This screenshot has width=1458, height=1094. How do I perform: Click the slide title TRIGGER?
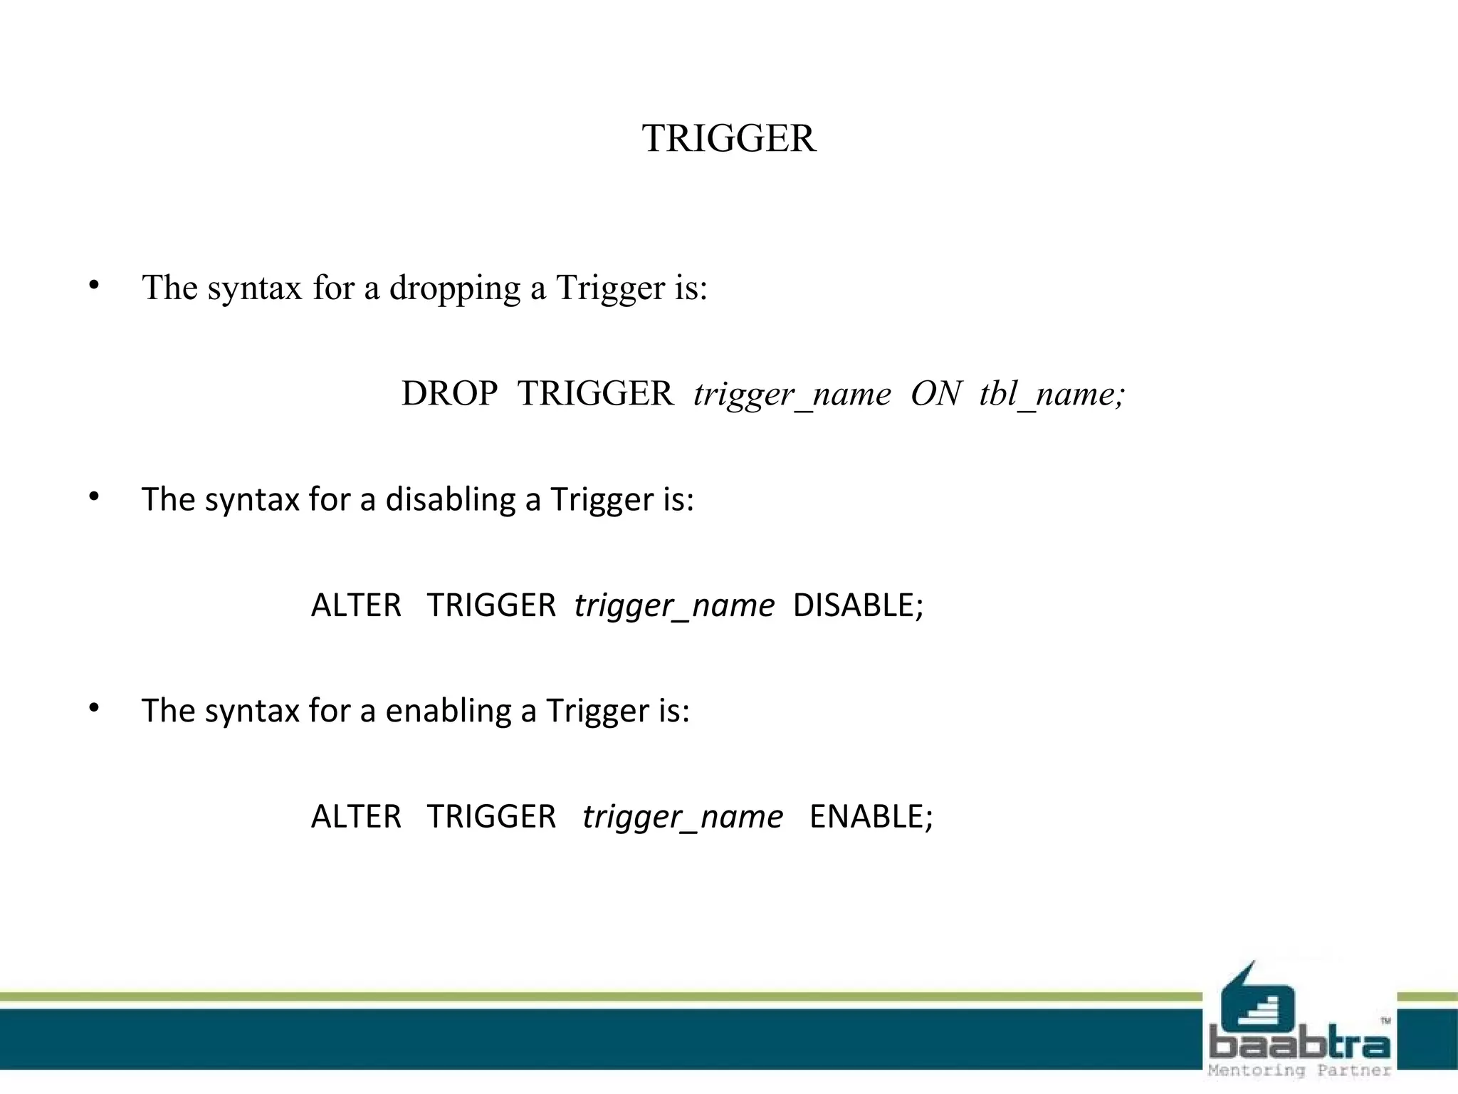(728, 138)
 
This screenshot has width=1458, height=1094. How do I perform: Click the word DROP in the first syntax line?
(449, 394)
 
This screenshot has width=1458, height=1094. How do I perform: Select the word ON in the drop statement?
(935, 394)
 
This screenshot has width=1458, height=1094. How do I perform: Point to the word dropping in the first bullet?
(454, 288)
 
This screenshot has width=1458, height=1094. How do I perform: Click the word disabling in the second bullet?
(450, 499)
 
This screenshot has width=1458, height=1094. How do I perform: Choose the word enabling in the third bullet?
(448, 711)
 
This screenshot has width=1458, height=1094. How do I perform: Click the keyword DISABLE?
(857, 605)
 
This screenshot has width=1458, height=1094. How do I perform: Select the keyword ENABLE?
(871, 817)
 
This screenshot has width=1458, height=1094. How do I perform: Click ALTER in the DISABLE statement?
(356, 605)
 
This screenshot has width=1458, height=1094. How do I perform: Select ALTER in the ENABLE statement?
(356, 817)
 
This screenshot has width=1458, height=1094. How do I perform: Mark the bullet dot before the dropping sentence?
(94, 286)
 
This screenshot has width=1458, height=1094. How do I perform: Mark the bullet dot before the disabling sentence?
(94, 497)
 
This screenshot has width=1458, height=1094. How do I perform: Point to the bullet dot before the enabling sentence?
(94, 708)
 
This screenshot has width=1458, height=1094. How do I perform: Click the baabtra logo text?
(1299, 1045)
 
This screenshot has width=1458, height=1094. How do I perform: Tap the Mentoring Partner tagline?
(1299, 1070)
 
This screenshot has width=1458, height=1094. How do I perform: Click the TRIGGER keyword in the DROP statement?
(595, 394)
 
